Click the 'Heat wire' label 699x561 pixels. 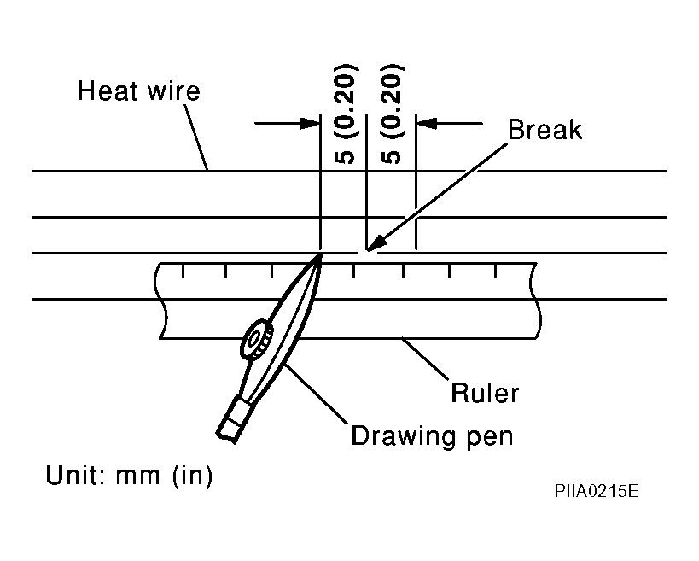click(138, 91)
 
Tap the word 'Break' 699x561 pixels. click(545, 130)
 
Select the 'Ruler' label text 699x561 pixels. click(485, 393)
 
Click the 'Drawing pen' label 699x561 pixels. click(432, 436)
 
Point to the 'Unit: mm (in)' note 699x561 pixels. click(129, 475)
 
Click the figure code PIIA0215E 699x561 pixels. click(597, 491)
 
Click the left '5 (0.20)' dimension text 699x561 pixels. click(345, 114)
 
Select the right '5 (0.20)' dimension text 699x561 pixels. click(392, 114)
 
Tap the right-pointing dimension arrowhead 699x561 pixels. click(310, 123)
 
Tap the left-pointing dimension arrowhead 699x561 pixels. click(427, 123)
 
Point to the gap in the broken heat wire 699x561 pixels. click(367, 253)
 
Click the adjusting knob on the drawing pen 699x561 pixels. click(257, 339)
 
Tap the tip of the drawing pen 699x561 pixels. click(321, 254)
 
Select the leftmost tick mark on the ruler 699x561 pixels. click(183, 271)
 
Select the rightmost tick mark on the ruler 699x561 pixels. click(495, 271)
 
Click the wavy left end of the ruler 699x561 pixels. click(160, 301)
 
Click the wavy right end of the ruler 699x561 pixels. click(535, 301)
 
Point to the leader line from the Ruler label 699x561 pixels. click(425, 359)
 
